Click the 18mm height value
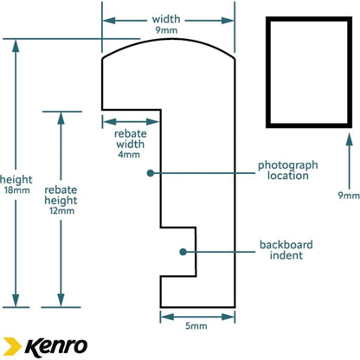pos(17,190)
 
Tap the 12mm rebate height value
pos(61,211)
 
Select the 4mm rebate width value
pos(129,154)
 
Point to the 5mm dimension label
pos(196,326)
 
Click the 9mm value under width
pos(166,30)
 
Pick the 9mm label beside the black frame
pos(349,196)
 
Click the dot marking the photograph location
pos(150,173)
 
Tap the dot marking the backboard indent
pos(183,252)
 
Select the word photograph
pos(288,165)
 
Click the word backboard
pos(286,245)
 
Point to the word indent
pos(286,255)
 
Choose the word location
pos(288,176)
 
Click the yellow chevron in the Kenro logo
pos(12,346)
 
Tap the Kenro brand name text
pos(56,347)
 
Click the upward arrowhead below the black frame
pos(349,139)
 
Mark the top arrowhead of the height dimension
pos(16,46)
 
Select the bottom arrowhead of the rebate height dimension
pos(61,300)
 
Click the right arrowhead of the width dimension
pos(228,21)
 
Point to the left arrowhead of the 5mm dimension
pos(167,317)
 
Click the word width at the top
pos(166,19)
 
